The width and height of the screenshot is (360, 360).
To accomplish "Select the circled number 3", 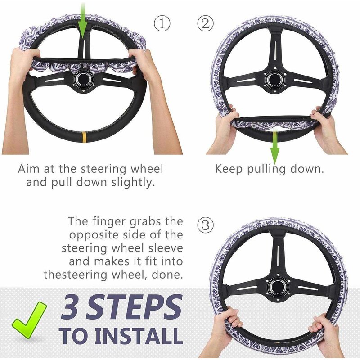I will (205, 225).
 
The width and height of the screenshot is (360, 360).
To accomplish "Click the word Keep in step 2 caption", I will (228, 169).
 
